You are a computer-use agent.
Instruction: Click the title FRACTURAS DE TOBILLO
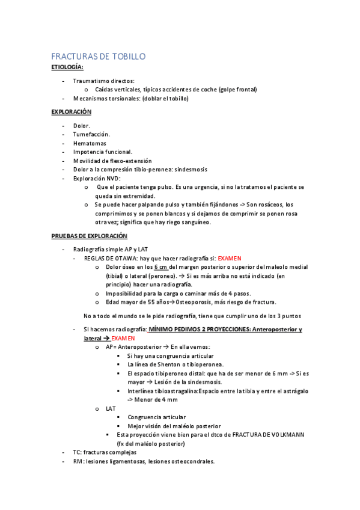pos(98,57)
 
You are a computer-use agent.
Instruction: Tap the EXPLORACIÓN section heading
pos(71,112)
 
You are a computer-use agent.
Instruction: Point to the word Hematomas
pos(90,144)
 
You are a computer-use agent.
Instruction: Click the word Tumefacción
pos(91,135)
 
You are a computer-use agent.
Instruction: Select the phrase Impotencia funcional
pos(103,152)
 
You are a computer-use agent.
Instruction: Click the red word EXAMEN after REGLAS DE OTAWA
pos(231,257)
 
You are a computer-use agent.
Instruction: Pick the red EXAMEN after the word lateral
pos(123,339)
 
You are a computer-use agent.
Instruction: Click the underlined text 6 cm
pos(160,266)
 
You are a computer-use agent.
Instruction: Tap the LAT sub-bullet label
pos(111,408)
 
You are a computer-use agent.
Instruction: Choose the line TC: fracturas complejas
pos(105,452)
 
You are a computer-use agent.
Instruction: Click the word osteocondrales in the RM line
pos(194,461)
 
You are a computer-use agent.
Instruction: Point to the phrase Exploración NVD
pos(96,179)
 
